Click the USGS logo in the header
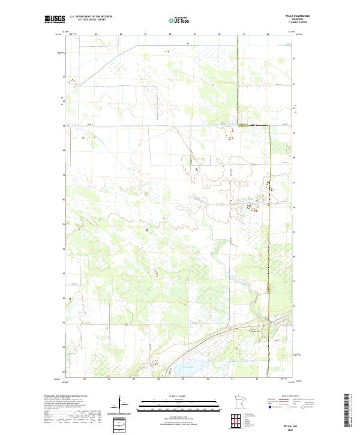coord(55,19)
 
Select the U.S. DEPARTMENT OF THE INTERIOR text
coord(91,17)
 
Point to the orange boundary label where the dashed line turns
coord(242,127)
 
